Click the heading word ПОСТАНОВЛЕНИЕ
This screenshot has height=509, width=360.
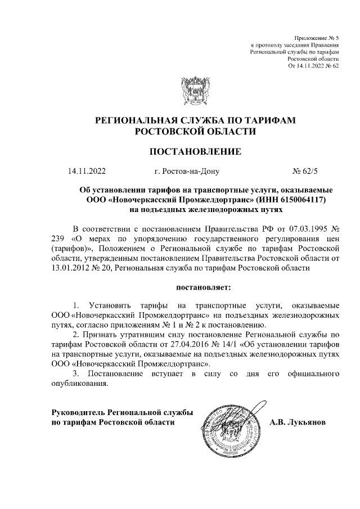195,151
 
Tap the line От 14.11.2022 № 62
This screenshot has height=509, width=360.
313,66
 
